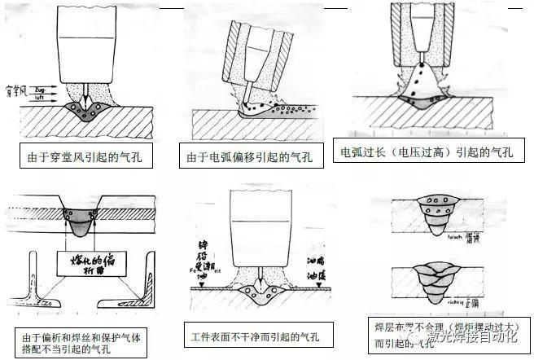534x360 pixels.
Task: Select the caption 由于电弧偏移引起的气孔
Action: point(246,157)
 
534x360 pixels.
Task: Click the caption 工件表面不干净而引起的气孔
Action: point(253,336)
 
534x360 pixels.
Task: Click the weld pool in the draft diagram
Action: point(85,111)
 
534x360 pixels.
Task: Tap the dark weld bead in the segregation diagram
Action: point(83,222)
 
